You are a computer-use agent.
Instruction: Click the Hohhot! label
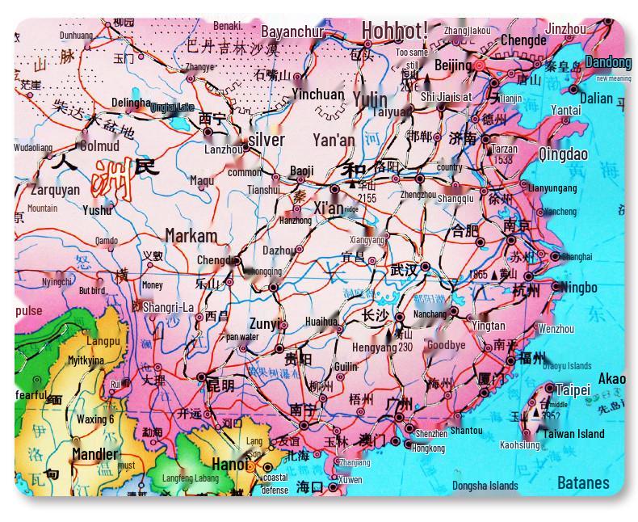click(x=394, y=31)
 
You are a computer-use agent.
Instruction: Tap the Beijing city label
click(x=452, y=65)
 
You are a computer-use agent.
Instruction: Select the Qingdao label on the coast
click(x=563, y=154)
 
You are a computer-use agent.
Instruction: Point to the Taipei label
click(x=573, y=390)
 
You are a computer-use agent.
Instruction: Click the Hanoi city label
click(x=229, y=464)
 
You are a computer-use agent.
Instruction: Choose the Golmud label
click(x=99, y=146)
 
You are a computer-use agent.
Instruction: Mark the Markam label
click(x=191, y=236)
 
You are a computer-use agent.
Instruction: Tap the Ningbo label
click(x=579, y=288)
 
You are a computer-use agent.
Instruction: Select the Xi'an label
click(x=329, y=208)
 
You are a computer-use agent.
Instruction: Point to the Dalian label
click(x=596, y=99)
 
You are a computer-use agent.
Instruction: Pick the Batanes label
click(x=583, y=483)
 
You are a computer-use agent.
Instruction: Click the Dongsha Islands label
click(x=485, y=486)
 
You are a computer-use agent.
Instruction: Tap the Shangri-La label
click(x=168, y=307)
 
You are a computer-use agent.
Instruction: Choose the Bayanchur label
click(x=292, y=32)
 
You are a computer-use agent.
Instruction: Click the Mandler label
click(x=94, y=454)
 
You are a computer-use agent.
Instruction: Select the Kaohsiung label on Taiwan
click(x=519, y=445)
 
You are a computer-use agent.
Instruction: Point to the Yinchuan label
click(x=317, y=95)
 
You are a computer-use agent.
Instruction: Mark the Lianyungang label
click(x=553, y=188)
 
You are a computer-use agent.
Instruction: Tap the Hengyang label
click(x=374, y=347)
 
